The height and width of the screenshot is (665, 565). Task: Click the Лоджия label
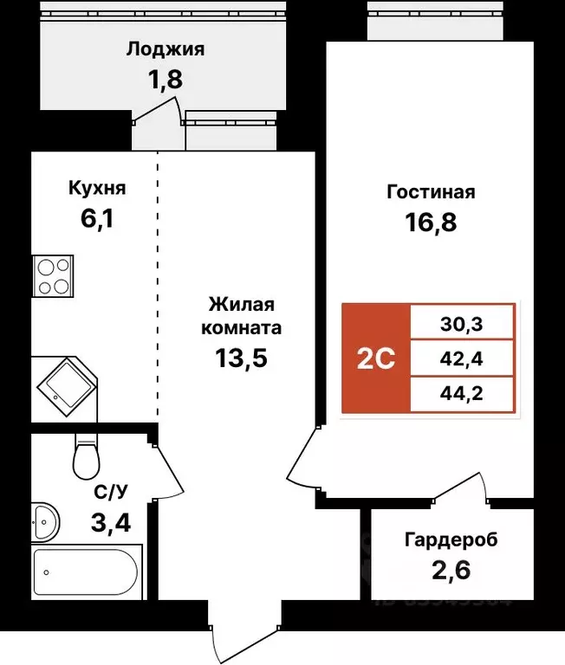click(x=165, y=49)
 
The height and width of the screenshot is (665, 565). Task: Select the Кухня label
click(x=97, y=188)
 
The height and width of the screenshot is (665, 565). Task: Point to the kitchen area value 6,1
click(x=97, y=218)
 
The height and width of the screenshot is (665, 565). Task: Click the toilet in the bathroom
click(x=88, y=455)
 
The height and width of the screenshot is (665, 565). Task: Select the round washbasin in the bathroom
click(x=44, y=521)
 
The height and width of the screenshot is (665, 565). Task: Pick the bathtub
click(x=85, y=571)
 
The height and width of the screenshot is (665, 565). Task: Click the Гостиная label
click(x=431, y=192)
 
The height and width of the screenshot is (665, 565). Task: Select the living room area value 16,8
click(x=431, y=223)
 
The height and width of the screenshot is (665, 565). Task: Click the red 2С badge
click(x=376, y=358)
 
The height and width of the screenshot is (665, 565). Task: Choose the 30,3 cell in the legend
click(x=463, y=326)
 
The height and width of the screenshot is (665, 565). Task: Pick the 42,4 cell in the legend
click(x=463, y=358)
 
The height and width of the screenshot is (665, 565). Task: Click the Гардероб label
click(x=451, y=540)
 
